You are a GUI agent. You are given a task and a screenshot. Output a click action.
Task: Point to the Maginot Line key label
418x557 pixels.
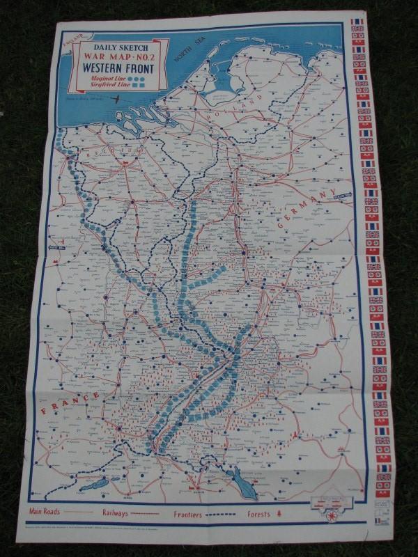click(105, 80)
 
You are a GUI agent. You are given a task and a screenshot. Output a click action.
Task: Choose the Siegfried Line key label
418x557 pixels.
click(105, 88)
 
